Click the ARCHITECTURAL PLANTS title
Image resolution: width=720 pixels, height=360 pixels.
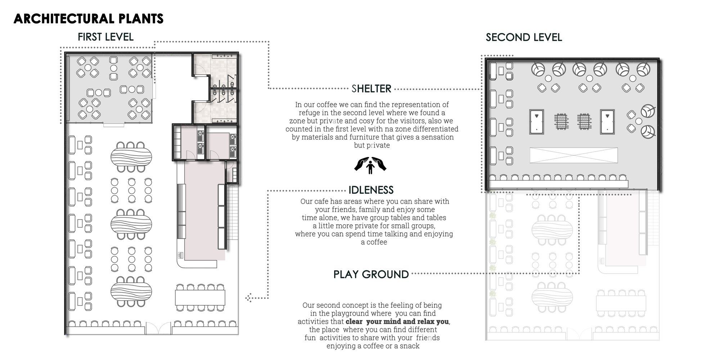[x=89, y=19]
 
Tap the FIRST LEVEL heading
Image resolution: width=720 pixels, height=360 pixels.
[x=105, y=37]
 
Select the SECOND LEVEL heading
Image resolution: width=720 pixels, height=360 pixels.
[x=524, y=37]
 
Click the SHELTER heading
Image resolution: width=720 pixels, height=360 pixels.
[x=372, y=89]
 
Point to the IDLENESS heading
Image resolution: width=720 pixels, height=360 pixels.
[x=371, y=190]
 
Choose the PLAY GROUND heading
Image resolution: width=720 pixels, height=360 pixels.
[x=371, y=274]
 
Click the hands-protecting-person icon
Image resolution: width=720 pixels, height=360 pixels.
[x=370, y=165]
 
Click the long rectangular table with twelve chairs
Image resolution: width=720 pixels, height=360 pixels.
[x=200, y=298]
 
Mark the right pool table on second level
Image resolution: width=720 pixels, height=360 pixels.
[x=608, y=122]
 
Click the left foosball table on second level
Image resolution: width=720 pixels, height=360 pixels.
[x=562, y=122]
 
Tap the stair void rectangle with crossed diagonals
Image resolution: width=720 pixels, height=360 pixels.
[x=574, y=155]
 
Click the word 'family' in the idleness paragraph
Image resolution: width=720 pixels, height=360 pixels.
[x=369, y=210]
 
